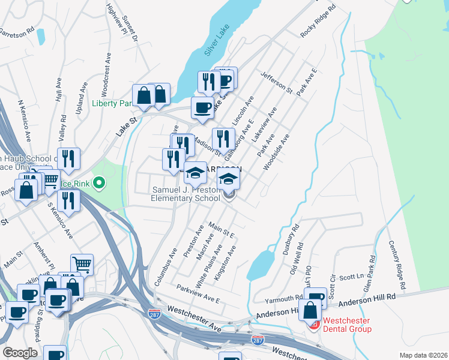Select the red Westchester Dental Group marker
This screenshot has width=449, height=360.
313,325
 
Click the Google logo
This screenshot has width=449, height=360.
20,352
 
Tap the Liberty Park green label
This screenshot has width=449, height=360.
112,103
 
